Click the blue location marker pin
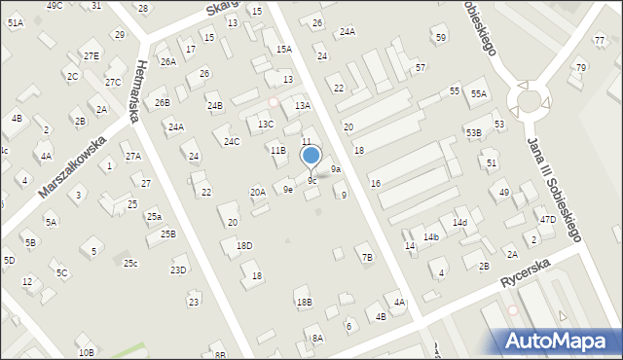311,156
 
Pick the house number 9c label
311,181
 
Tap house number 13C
265,125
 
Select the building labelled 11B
277,151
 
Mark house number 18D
244,246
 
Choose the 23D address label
178,270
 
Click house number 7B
366,257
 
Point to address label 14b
431,237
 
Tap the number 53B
473,132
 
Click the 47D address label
548,220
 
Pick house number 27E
91,55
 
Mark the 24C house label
231,142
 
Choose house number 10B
87,351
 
